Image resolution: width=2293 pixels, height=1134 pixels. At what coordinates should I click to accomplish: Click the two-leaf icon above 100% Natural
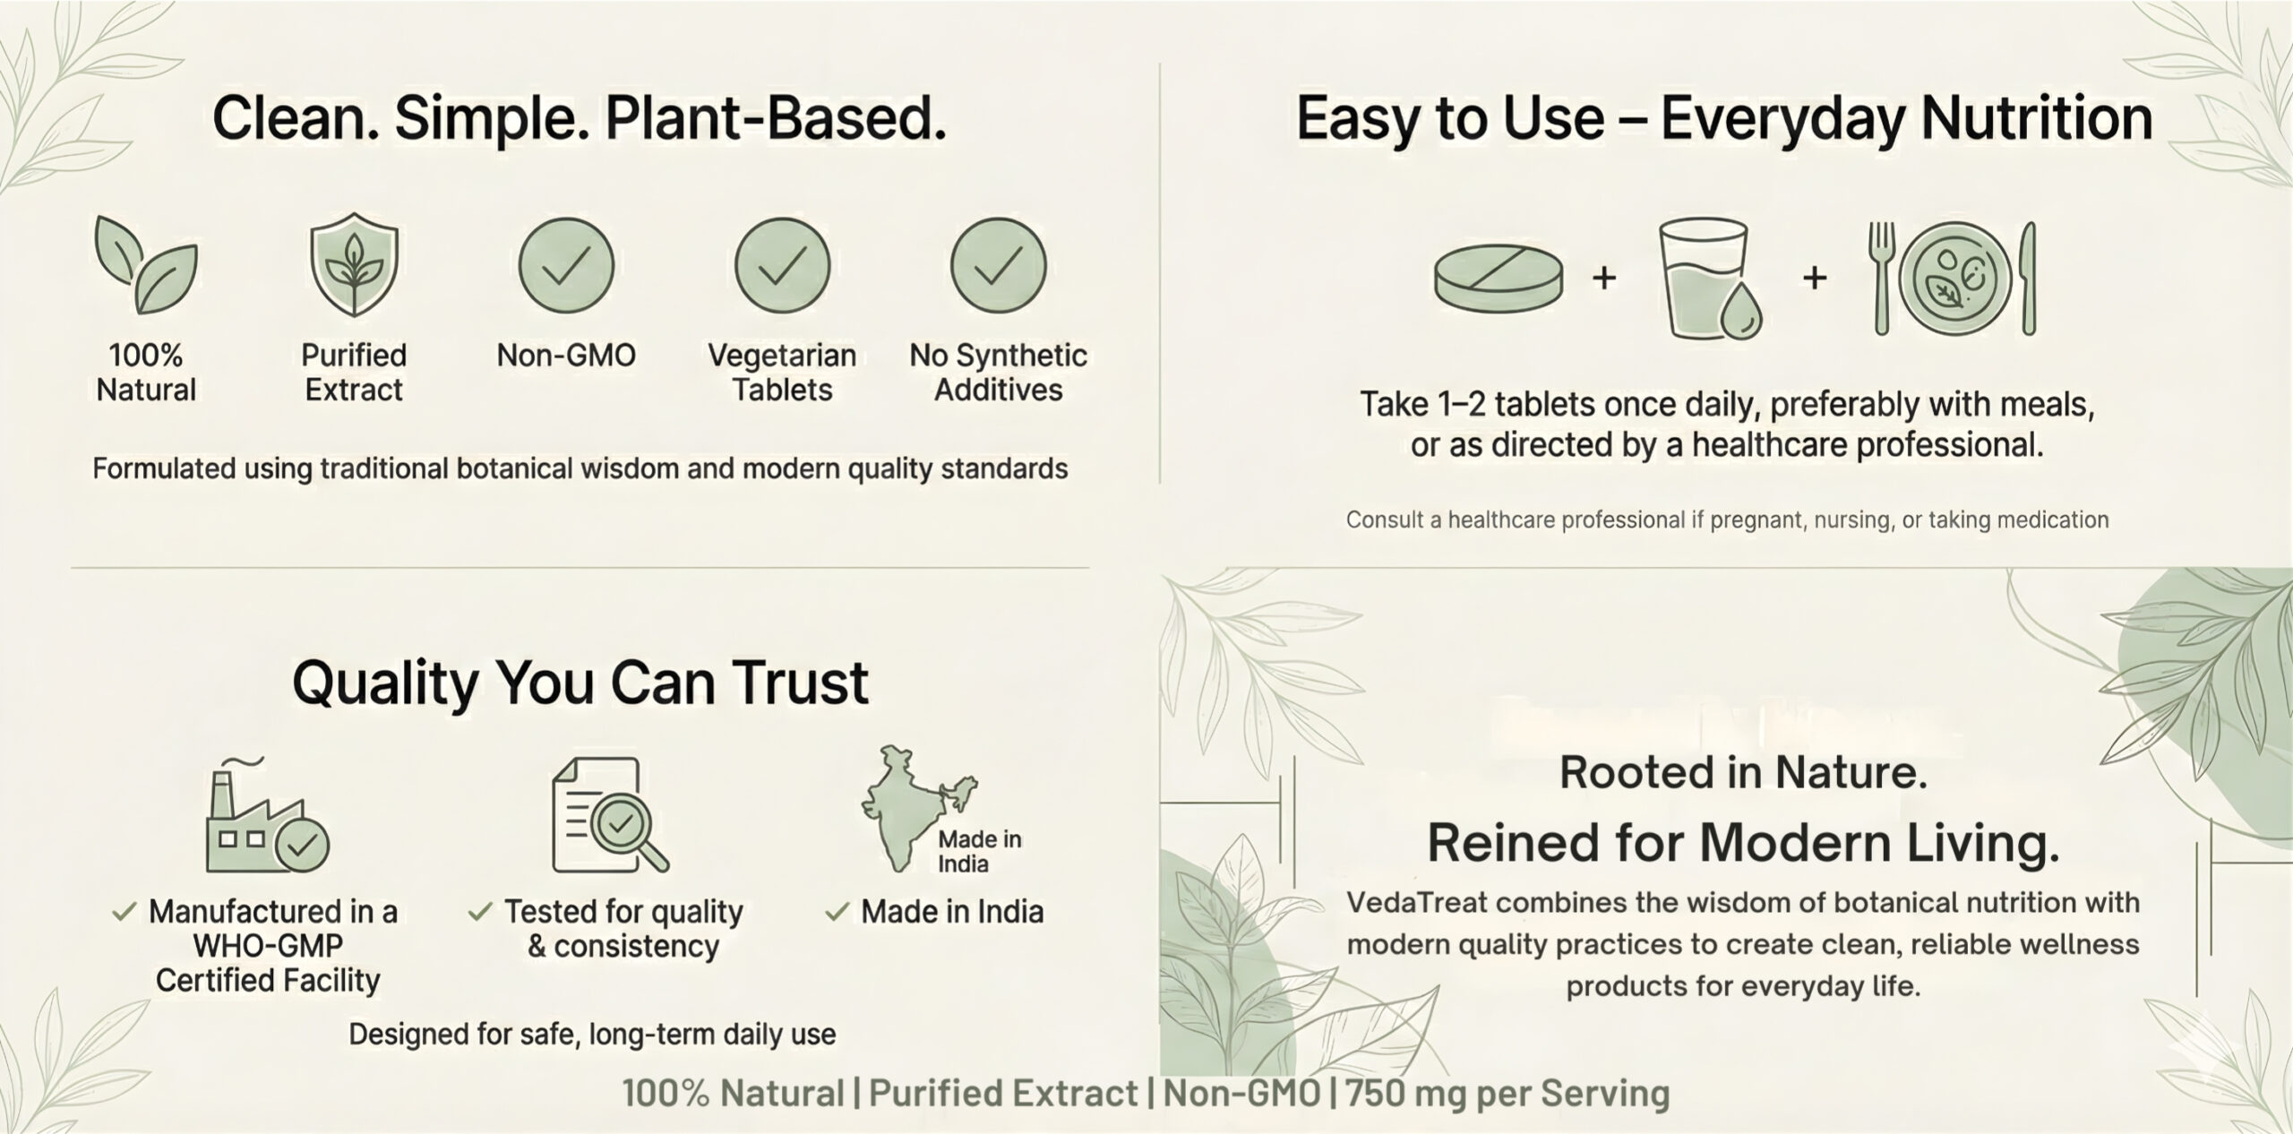(146, 264)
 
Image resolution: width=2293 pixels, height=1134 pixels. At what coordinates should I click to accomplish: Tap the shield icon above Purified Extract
(354, 264)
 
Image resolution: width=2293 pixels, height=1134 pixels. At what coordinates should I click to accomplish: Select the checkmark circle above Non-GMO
(566, 265)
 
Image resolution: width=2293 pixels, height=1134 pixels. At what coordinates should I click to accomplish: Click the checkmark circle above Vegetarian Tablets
(782, 265)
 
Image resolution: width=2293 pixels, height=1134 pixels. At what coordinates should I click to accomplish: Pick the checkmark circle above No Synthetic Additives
(998, 265)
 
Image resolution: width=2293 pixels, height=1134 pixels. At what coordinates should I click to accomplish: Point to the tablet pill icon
(1499, 279)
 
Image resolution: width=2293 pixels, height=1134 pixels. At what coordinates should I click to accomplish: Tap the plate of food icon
(1954, 278)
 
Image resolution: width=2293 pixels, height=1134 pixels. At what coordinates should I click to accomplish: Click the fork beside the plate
(1882, 278)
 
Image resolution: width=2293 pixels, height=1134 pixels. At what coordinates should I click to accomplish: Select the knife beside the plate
(2029, 278)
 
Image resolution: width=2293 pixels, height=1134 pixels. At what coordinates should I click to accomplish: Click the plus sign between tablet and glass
(1604, 278)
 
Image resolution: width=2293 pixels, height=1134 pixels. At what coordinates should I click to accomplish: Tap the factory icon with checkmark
(267, 814)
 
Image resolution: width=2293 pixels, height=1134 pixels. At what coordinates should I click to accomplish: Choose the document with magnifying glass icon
(609, 814)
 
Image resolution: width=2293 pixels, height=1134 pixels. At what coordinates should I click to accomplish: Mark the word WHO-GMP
(268, 946)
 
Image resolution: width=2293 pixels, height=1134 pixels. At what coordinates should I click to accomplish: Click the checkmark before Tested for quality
(480, 912)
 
